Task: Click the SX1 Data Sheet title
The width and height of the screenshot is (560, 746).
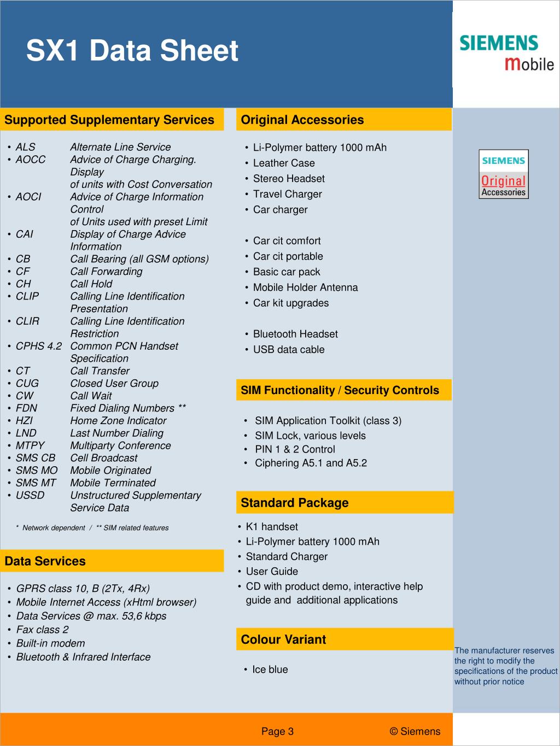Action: [x=132, y=51]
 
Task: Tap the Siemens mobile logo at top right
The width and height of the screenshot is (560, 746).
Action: [x=506, y=52]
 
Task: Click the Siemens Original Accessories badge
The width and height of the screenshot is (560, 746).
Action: [x=504, y=174]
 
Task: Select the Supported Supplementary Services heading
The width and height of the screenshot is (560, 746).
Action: [x=109, y=120]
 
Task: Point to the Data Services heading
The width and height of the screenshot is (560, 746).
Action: [x=45, y=561]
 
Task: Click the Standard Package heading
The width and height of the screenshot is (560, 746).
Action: [x=294, y=503]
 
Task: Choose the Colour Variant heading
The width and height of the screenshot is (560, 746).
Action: [x=283, y=639]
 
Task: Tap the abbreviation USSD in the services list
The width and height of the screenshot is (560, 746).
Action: [x=30, y=495]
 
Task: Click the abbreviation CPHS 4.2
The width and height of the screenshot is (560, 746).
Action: [x=38, y=346]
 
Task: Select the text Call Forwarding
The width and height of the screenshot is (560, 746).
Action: [x=106, y=271]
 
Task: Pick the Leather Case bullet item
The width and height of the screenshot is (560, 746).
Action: [x=284, y=163]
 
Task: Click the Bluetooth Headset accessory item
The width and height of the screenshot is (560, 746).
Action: [x=295, y=334]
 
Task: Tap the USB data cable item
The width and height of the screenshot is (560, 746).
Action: [x=289, y=349]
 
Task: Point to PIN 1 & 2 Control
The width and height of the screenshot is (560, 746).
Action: [x=295, y=449]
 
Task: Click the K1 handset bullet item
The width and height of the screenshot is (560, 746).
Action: [x=272, y=527]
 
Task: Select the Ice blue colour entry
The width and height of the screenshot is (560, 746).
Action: [x=270, y=669]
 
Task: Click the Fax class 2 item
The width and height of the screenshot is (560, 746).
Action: [x=42, y=630]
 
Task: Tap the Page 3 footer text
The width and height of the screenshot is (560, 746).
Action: [x=277, y=731]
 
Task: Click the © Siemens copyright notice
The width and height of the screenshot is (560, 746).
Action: [x=415, y=731]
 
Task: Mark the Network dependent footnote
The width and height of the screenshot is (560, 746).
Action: [x=54, y=528]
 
